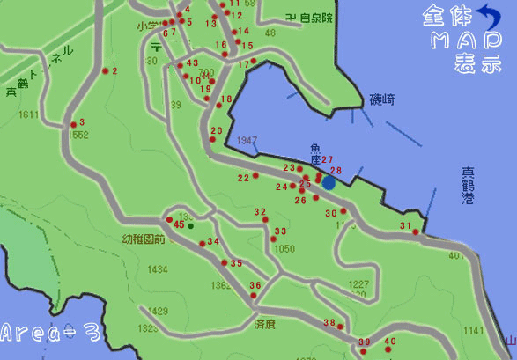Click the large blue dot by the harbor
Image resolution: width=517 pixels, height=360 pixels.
tap(329, 183)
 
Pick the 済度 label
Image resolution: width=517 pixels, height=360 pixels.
tap(265, 324)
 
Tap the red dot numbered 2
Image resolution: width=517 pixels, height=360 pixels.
tap(105, 71)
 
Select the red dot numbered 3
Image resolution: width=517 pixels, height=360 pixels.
tap(73, 124)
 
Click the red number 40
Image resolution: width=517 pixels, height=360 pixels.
tap(391, 342)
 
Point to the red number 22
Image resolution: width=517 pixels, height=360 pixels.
tap(243, 178)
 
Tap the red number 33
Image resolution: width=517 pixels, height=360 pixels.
tap(281, 231)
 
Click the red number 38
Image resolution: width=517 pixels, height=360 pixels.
tap(329, 323)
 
